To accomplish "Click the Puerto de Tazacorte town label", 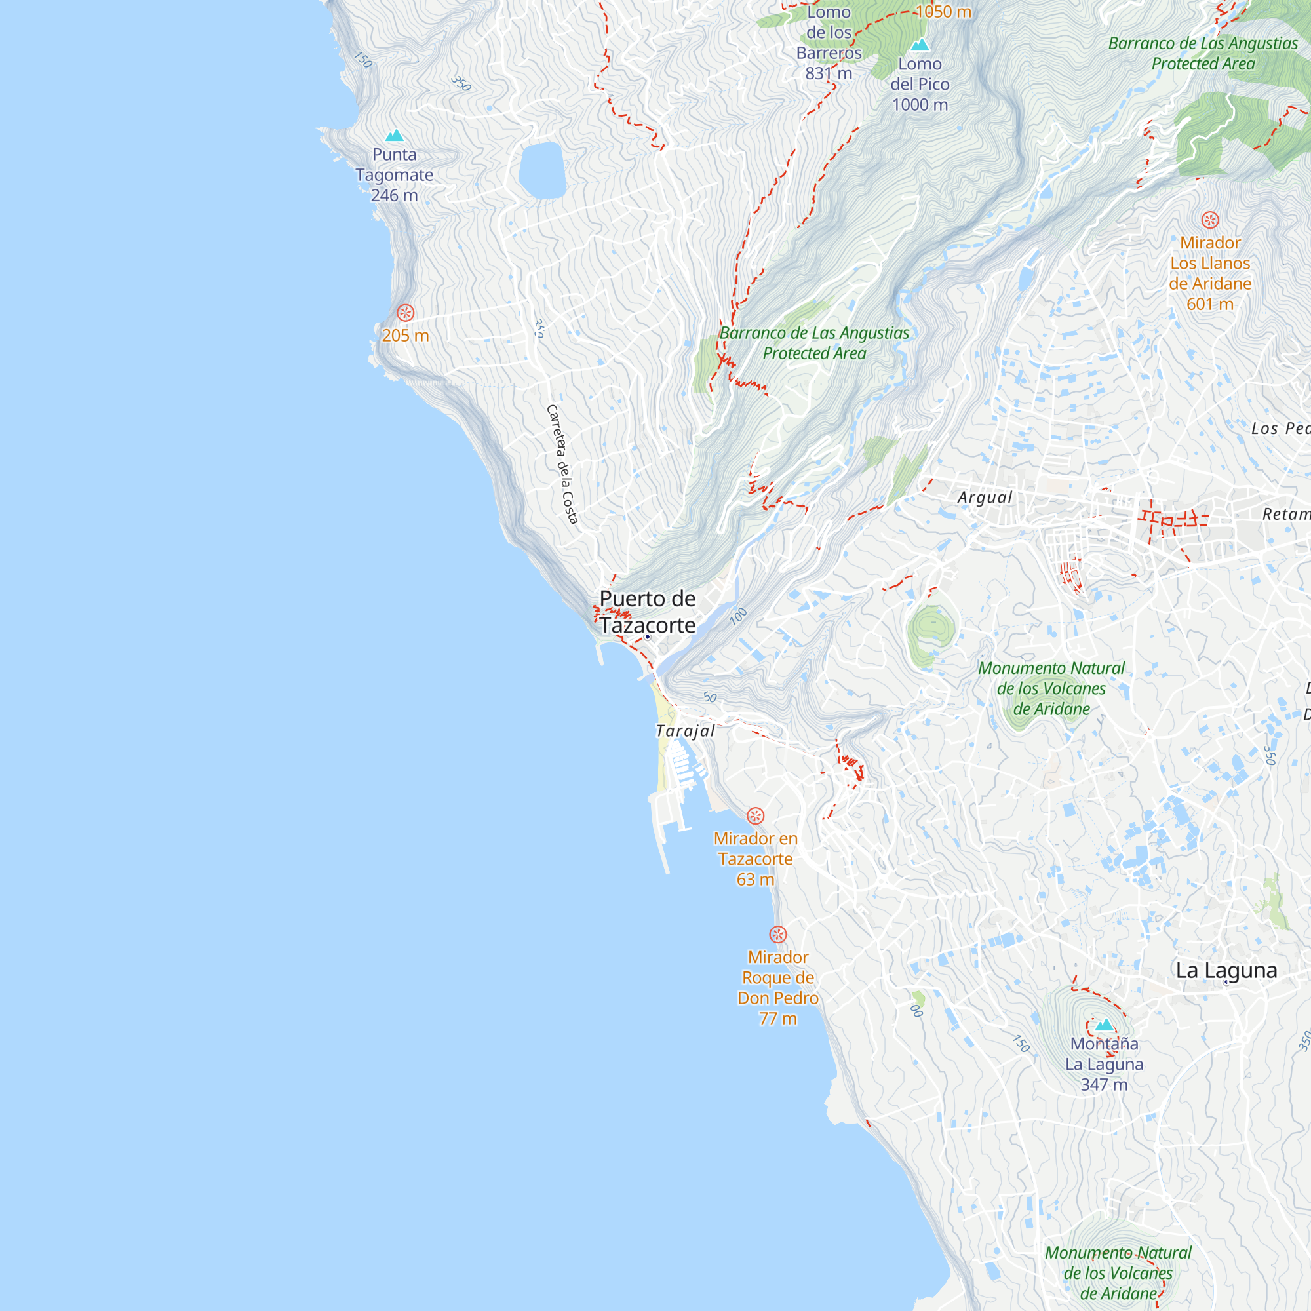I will point(648,612).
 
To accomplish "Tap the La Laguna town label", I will point(1226,970).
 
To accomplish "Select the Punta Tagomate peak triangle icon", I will point(394,136).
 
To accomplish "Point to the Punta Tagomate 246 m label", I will point(394,175).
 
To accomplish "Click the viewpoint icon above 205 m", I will point(405,313).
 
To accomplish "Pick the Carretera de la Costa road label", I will point(562,465).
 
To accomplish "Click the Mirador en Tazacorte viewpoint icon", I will point(755,815).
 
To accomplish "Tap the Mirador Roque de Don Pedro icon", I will point(777,934).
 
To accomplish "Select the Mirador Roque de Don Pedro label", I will point(777,987).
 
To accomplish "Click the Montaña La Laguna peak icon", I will point(1104,1025).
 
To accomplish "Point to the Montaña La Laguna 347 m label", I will point(1104,1064).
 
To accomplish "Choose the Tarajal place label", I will point(686,731).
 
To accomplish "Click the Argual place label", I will point(985,498).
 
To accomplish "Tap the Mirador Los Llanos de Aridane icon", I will point(1210,220).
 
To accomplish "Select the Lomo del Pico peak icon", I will point(920,45).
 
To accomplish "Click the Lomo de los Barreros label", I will point(829,43).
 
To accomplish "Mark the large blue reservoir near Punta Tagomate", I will point(542,170).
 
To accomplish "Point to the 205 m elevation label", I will point(405,335).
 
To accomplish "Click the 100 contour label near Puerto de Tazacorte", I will point(737,616).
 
